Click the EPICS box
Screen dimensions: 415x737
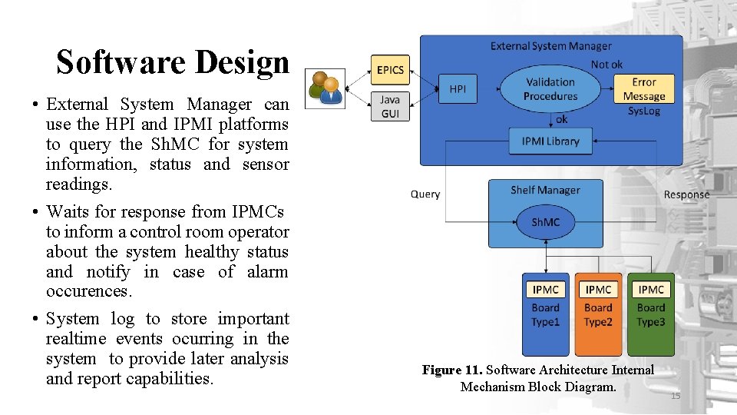coord(390,70)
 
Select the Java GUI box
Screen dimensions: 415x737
coord(390,107)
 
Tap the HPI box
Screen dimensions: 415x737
coord(458,89)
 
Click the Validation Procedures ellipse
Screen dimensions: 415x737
coord(550,89)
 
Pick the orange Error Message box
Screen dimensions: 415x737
coord(643,89)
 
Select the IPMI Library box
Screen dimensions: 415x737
coord(550,141)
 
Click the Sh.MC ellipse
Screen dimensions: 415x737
coord(546,222)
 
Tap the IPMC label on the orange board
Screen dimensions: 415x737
coord(598,290)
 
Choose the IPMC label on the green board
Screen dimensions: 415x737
coord(651,290)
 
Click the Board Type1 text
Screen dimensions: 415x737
coord(546,315)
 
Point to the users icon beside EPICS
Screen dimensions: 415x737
coord(326,88)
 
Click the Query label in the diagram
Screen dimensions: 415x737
coord(425,194)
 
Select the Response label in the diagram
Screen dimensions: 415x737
coord(686,195)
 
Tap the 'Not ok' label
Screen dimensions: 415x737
coord(606,65)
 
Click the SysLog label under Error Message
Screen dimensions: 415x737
coord(643,111)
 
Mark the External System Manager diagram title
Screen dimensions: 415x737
coord(550,46)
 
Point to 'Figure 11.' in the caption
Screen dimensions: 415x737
coord(452,370)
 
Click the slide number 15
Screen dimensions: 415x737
coord(676,396)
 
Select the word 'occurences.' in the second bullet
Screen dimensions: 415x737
coord(89,292)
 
